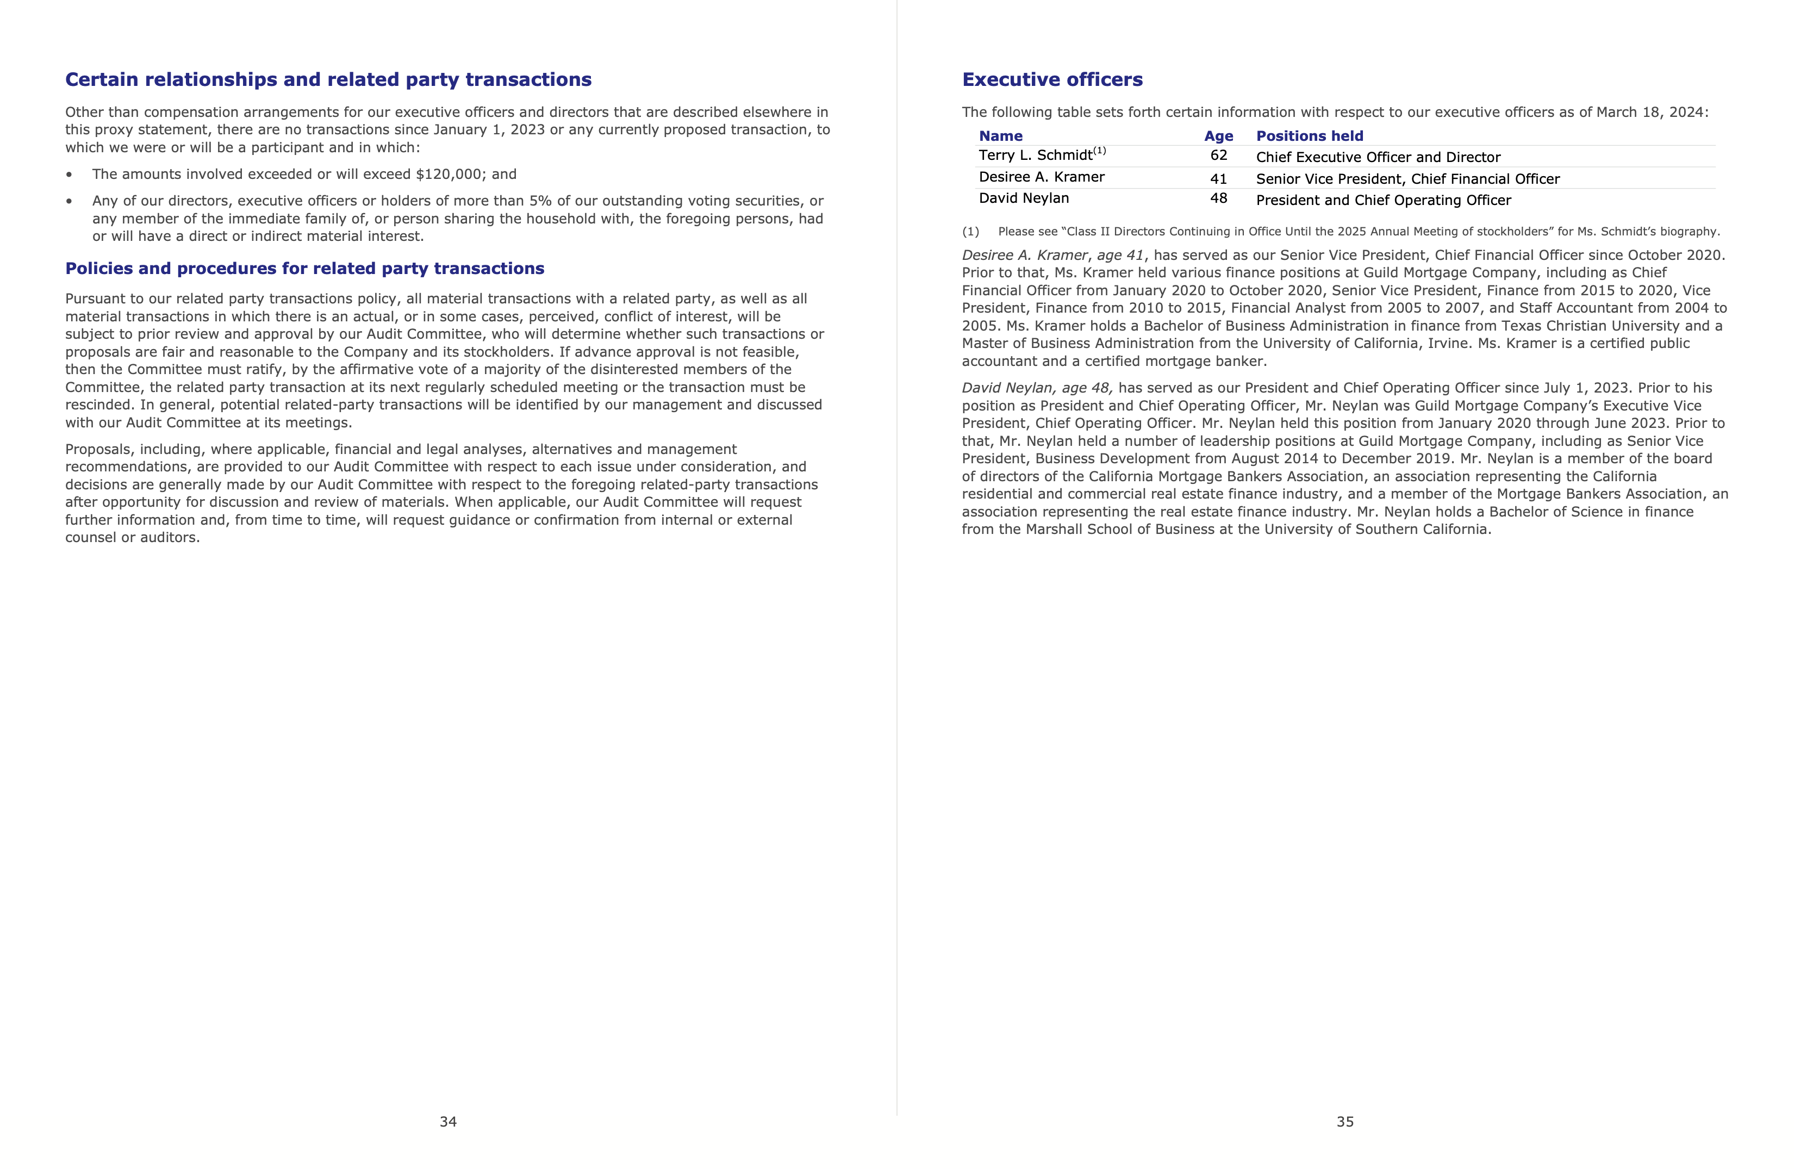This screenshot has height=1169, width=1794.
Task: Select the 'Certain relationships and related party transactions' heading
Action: (328, 80)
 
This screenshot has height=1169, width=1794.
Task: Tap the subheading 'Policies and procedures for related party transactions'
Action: (304, 269)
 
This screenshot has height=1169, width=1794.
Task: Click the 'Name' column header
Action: (1000, 136)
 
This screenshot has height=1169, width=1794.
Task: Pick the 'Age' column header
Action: (1218, 136)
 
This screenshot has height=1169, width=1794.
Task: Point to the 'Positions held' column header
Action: (1309, 136)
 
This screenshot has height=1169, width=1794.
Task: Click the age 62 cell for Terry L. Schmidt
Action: (1218, 156)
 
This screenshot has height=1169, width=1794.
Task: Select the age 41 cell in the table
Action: (1218, 179)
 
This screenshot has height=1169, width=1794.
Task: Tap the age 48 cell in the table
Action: (1218, 199)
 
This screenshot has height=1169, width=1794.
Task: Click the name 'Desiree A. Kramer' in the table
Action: (1041, 177)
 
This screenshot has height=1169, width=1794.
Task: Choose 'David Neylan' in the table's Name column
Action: (1024, 199)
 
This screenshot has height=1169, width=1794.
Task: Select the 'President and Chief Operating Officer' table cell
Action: (1383, 201)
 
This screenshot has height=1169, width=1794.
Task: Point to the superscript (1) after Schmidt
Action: (1100, 151)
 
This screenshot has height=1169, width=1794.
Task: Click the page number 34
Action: (448, 1122)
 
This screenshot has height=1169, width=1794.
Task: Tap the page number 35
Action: (1345, 1122)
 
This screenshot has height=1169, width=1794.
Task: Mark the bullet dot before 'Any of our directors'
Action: (70, 201)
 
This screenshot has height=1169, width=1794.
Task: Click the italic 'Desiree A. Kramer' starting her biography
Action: (1024, 256)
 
